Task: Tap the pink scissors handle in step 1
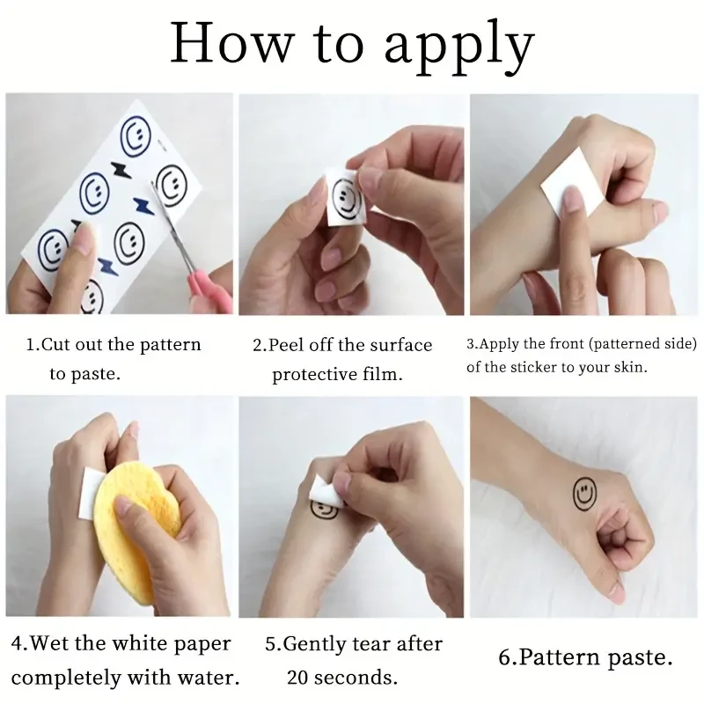tap(207, 287)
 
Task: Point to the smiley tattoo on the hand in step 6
tap(585, 494)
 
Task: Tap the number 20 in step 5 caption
tap(298, 677)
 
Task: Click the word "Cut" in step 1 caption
tap(55, 344)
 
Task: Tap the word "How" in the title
tap(231, 42)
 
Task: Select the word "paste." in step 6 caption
tap(641, 658)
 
